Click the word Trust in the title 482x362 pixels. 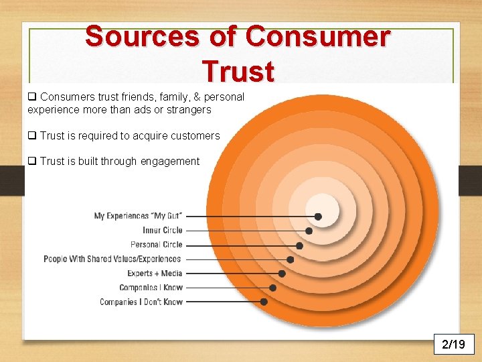click(x=238, y=70)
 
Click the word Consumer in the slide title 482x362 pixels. click(x=317, y=36)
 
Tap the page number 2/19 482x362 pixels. click(x=453, y=345)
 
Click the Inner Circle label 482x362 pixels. click(x=162, y=231)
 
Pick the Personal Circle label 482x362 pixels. click(x=156, y=245)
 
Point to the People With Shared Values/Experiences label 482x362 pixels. click(x=112, y=259)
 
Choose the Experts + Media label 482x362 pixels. click(x=155, y=274)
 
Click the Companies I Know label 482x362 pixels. click(x=151, y=288)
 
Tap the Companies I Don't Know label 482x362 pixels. click(x=141, y=302)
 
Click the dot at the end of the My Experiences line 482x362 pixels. click(x=318, y=217)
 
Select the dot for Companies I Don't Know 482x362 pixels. click(x=264, y=302)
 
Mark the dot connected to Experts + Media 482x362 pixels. click(x=282, y=274)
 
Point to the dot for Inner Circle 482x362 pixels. click(x=309, y=231)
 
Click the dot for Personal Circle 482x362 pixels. click(x=299, y=245)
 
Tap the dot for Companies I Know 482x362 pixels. click(x=273, y=288)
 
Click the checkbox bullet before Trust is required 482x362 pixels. click(x=31, y=135)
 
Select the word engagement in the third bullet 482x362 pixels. click(x=170, y=162)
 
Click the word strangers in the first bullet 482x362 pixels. click(x=189, y=109)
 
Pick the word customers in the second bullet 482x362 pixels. click(x=195, y=135)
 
